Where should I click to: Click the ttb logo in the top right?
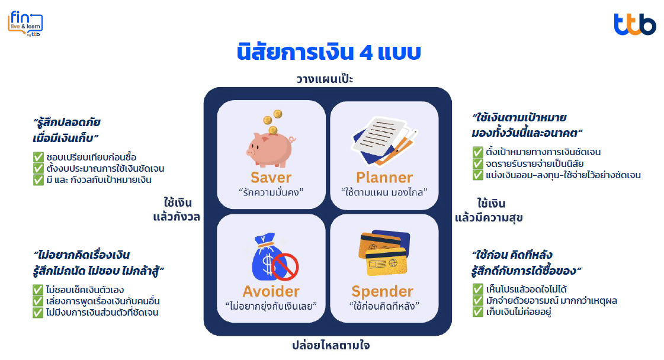(x=635, y=24)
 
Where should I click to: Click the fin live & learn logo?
(x=25, y=24)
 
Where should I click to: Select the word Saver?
(x=271, y=178)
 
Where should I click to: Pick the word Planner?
(x=384, y=178)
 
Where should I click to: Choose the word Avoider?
(x=271, y=291)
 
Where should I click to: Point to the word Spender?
(x=383, y=292)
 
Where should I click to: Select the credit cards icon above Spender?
(x=384, y=253)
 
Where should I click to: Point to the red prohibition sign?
(x=285, y=267)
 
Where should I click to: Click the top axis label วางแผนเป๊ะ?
(x=325, y=79)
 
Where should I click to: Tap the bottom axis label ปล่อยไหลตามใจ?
(x=331, y=345)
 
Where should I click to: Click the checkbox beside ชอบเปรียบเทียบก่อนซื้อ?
(x=39, y=157)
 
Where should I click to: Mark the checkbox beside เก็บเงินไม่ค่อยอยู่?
(x=477, y=312)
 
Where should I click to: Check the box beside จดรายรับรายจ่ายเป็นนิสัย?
(x=477, y=163)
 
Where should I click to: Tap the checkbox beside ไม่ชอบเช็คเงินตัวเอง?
(x=38, y=290)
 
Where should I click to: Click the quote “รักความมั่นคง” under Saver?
(x=271, y=192)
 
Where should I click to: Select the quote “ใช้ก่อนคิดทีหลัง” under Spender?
(x=384, y=306)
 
